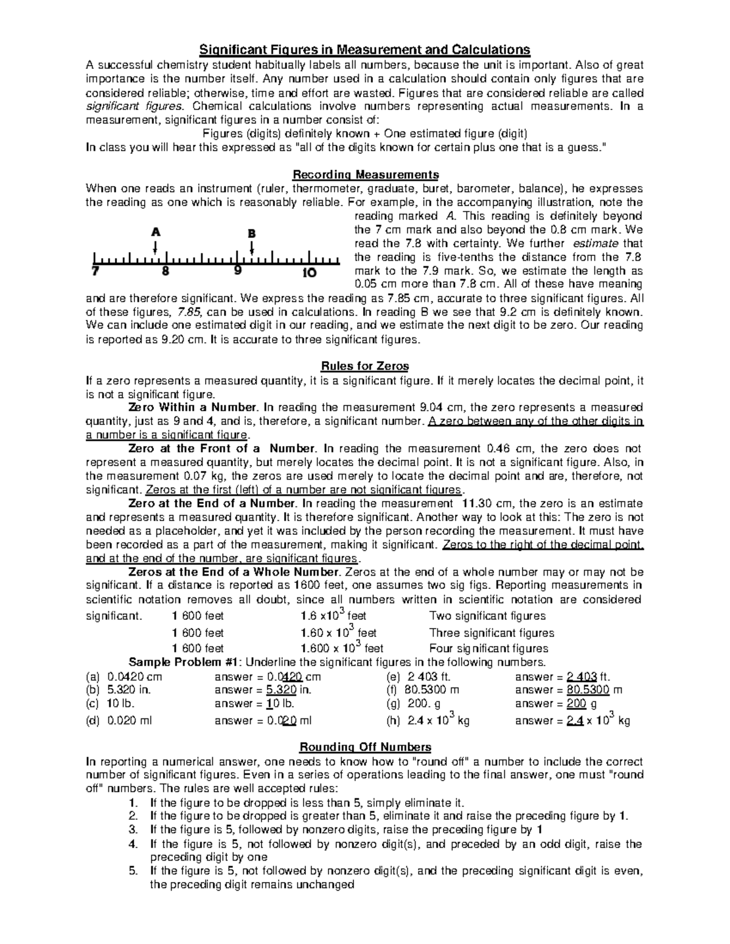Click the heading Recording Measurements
[365, 175]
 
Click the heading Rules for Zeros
[364, 366]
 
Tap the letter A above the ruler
[156, 232]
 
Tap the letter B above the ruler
[251, 233]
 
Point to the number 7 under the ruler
[95, 272]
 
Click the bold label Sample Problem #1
[184, 663]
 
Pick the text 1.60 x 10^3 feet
[339, 633]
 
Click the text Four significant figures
[488, 649]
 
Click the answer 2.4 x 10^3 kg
[572, 720]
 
